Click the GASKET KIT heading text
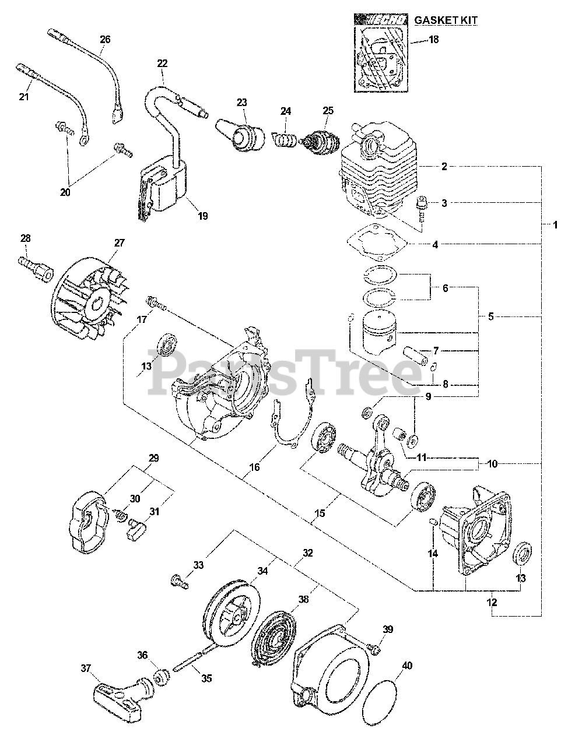click(446, 20)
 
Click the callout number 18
click(433, 40)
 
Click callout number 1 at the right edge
click(555, 224)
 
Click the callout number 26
click(104, 40)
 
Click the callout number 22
click(162, 63)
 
